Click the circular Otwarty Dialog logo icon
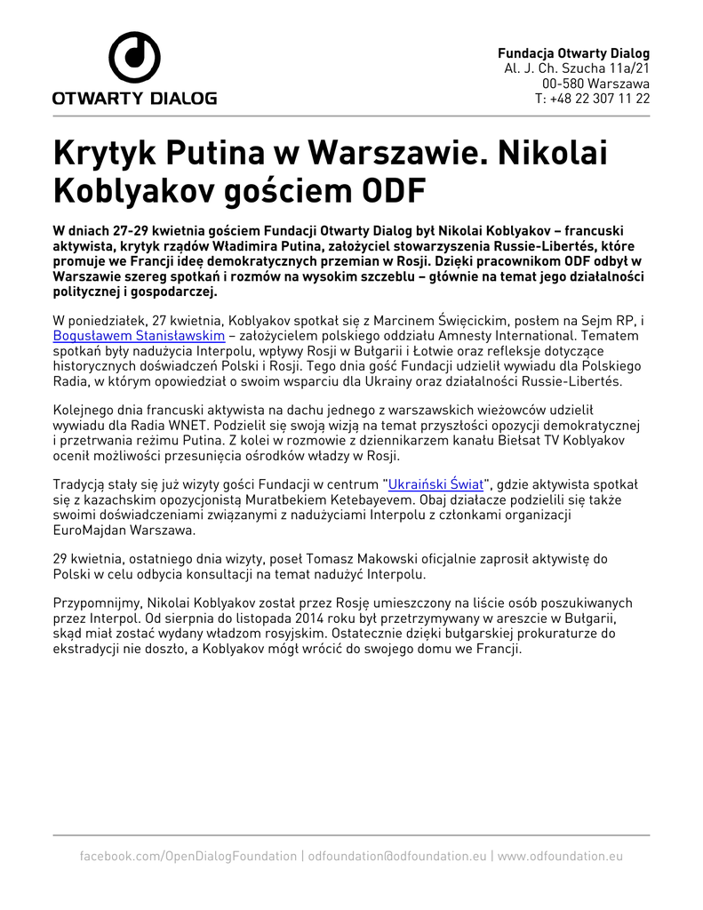pos(134,57)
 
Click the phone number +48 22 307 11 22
pos(592,99)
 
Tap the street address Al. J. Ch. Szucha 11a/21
pos(577,68)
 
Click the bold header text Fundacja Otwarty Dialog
pos(573,53)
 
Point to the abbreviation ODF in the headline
pos(392,190)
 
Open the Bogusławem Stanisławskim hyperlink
pos(139,337)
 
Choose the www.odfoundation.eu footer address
pos(560,856)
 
